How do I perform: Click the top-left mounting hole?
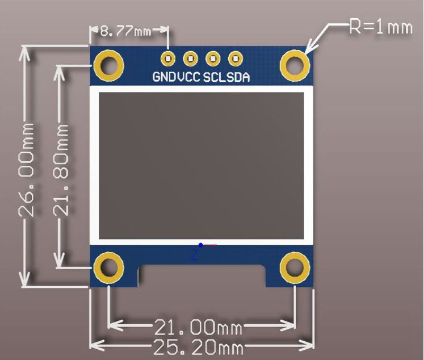coord(108,66)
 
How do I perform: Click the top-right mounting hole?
coord(295,66)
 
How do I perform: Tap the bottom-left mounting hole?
coord(108,267)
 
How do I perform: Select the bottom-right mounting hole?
coord(295,267)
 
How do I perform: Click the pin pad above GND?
coord(167,58)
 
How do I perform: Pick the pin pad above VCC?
coord(190,58)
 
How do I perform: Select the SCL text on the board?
coord(215,78)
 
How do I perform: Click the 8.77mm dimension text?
coord(125,31)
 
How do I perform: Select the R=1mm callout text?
coord(380,27)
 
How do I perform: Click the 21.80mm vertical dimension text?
coord(61,170)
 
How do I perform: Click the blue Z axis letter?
coord(194,256)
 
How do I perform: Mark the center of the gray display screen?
coord(201,165)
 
